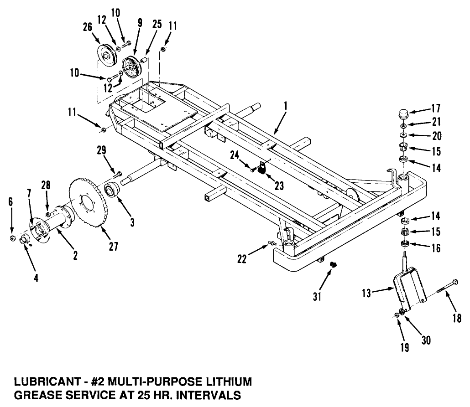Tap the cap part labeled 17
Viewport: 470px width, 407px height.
[x=403, y=113]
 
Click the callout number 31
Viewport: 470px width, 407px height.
[x=317, y=296]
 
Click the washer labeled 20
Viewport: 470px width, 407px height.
[x=404, y=135]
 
